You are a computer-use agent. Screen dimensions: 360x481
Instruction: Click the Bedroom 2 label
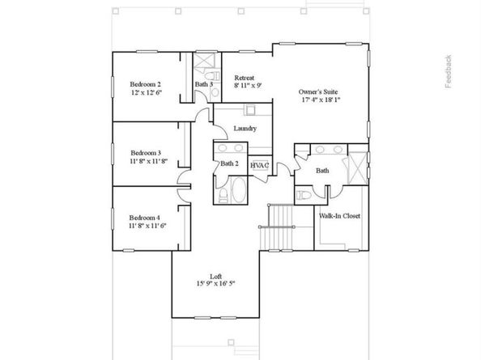point(146,84)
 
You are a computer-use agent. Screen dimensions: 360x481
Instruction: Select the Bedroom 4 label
point(146,218)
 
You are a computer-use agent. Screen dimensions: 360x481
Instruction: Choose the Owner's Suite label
point(320,93)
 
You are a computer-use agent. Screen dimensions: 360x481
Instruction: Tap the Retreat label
point(245,78)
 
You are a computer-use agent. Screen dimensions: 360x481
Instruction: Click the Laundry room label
point(245,129)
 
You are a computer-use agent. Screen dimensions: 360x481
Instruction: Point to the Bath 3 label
point(204,84)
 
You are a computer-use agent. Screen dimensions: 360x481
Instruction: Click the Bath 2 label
point(230,164)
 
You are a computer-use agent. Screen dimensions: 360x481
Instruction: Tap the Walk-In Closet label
point(339,217)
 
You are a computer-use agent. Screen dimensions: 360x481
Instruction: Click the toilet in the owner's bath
point(304,195)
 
